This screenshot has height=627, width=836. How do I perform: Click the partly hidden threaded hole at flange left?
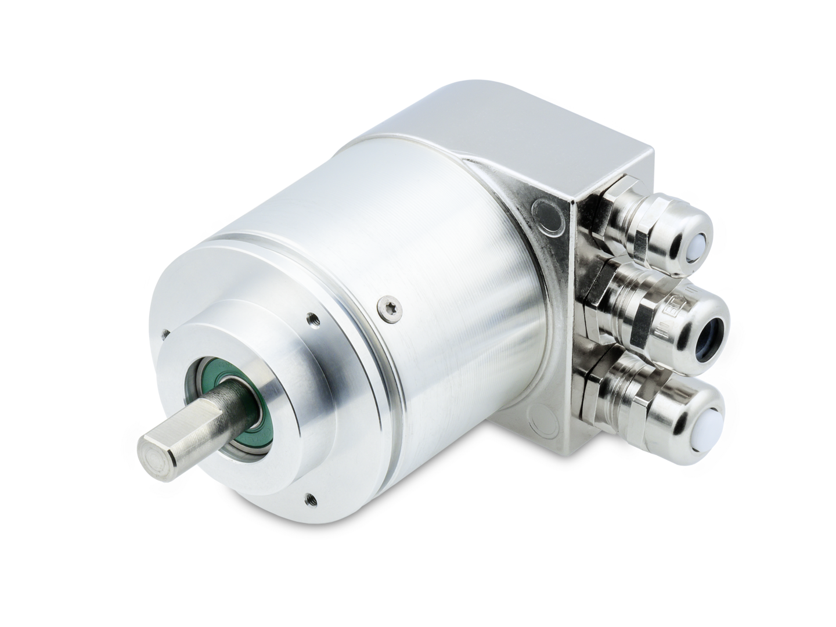(164, 333)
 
